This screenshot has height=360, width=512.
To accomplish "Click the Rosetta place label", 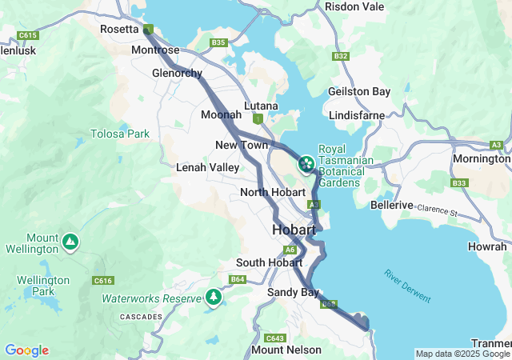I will pyautogui.click(x=120, y=29).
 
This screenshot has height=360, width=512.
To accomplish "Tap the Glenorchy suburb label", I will pyautogui.click(x=177, y=73).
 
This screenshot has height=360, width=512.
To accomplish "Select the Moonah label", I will pyautogui.click(x=221, y=114).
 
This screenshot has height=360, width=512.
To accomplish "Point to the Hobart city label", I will pyautogui.click(x=294, y=230).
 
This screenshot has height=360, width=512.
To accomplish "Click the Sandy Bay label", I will pyautogui.click(x=294, y=292).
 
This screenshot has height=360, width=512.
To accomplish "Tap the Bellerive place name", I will pyautogui.click(x=391, y=205).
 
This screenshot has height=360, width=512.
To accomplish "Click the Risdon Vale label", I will pyautogui.click(x=354, y=6).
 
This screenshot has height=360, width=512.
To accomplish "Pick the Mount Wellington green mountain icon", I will pyautogui.click(x=70, y=240).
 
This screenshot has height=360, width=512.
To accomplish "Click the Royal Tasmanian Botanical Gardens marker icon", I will pyautogui.click(x=306, y=165).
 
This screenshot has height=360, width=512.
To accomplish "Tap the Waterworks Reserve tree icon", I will pyautogui.click(x=213, y=298).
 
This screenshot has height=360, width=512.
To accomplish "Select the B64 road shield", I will pyautogui.click(x=238, y=279).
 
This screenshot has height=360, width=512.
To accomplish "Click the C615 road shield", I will pyautogui.click(x=28, y=36).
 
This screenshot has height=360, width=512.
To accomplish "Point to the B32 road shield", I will pyautogui.click(x=341, y=56).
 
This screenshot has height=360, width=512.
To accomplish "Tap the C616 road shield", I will pyautogui.click(x=102, y=280).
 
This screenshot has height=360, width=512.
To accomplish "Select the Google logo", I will pyautogui.click(x=26, y=350).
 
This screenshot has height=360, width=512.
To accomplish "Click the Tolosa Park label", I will pyautogui.click(x=120, y=134).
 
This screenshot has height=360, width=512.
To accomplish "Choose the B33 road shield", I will pyautogui.click(x=458, y=183).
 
